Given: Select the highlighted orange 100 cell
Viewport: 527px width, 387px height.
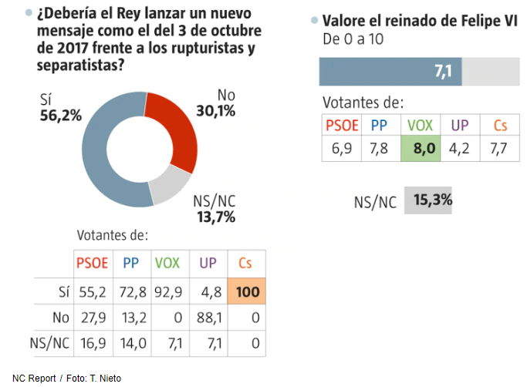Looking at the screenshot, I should [x=246, y=291].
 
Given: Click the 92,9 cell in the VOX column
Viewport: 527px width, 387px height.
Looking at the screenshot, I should [x=167, y=291].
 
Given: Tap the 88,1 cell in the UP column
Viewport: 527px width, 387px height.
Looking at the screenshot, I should [x=208, y=318].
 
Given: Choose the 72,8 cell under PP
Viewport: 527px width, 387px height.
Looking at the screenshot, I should [x=130, y=291].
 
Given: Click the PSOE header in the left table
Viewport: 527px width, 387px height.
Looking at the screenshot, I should [x=93, y=264].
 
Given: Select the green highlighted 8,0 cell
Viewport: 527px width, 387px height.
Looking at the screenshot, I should [x=421, y=149].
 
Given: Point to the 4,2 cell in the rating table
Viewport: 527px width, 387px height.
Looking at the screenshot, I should [x=461, y=149].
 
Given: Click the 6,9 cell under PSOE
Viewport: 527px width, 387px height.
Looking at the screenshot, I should [x=341, y=149].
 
